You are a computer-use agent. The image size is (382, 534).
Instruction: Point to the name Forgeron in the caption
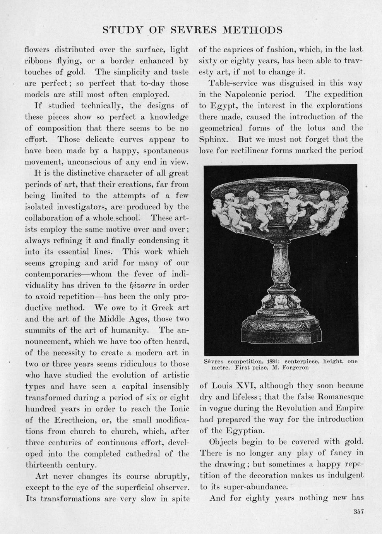[294, 367]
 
